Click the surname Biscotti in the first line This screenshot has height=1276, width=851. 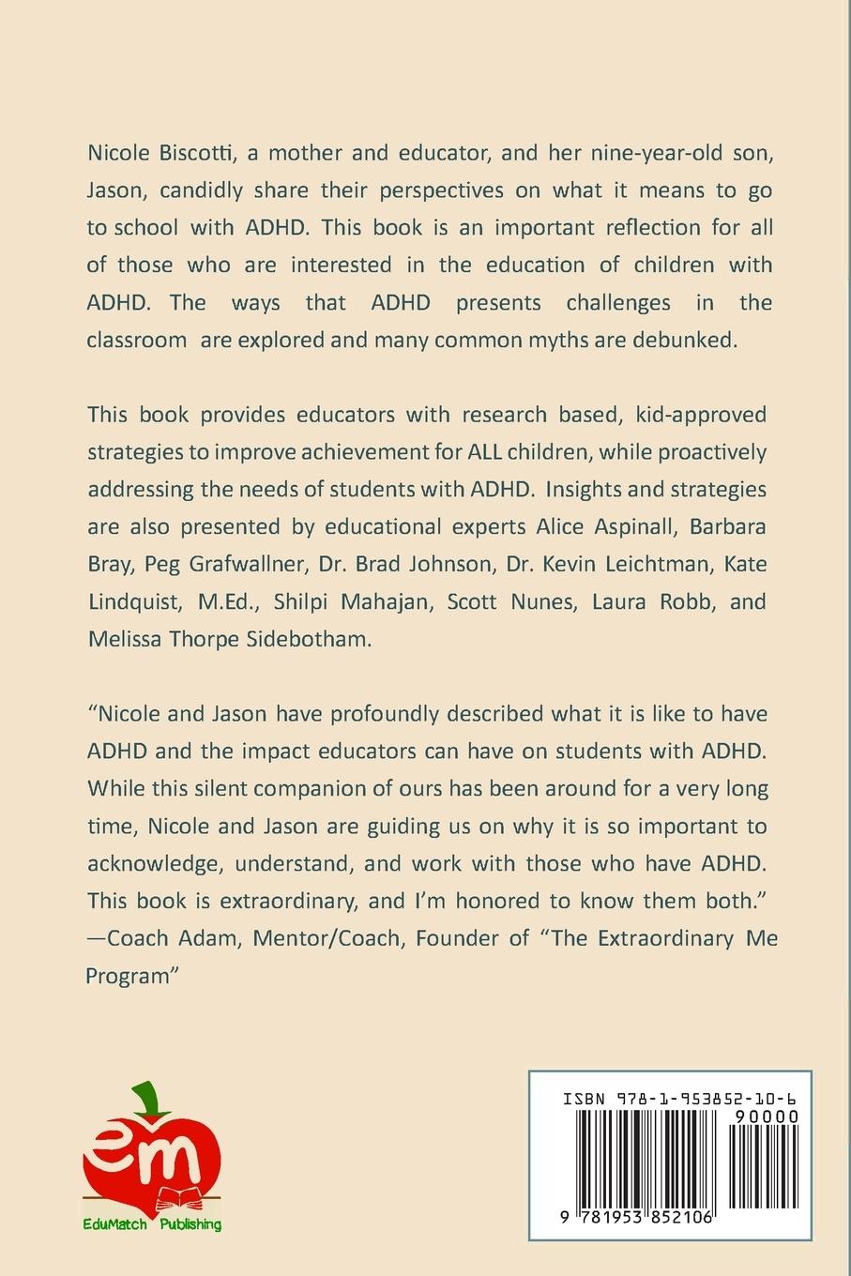(x=190, y=152)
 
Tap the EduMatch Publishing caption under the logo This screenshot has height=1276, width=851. (x=152, y=1224)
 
